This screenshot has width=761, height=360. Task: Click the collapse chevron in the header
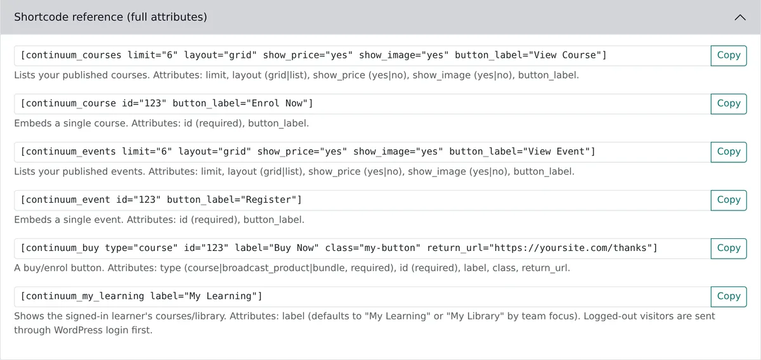[x=740, y=17]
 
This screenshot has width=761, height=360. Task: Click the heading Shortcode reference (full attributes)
[x=110, y=17]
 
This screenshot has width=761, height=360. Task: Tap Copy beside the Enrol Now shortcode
[x=729, y=103]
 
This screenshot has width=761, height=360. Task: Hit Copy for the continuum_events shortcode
[x=729, y=152]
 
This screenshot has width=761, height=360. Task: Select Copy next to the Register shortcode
[x=729, y=200]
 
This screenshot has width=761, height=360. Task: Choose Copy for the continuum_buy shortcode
[x=729, y=248]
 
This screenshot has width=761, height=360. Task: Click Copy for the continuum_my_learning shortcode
[x=729, y=297]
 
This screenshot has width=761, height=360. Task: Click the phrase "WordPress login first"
[x=102, y=330]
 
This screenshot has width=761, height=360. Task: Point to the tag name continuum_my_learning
[x=85, y=296]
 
